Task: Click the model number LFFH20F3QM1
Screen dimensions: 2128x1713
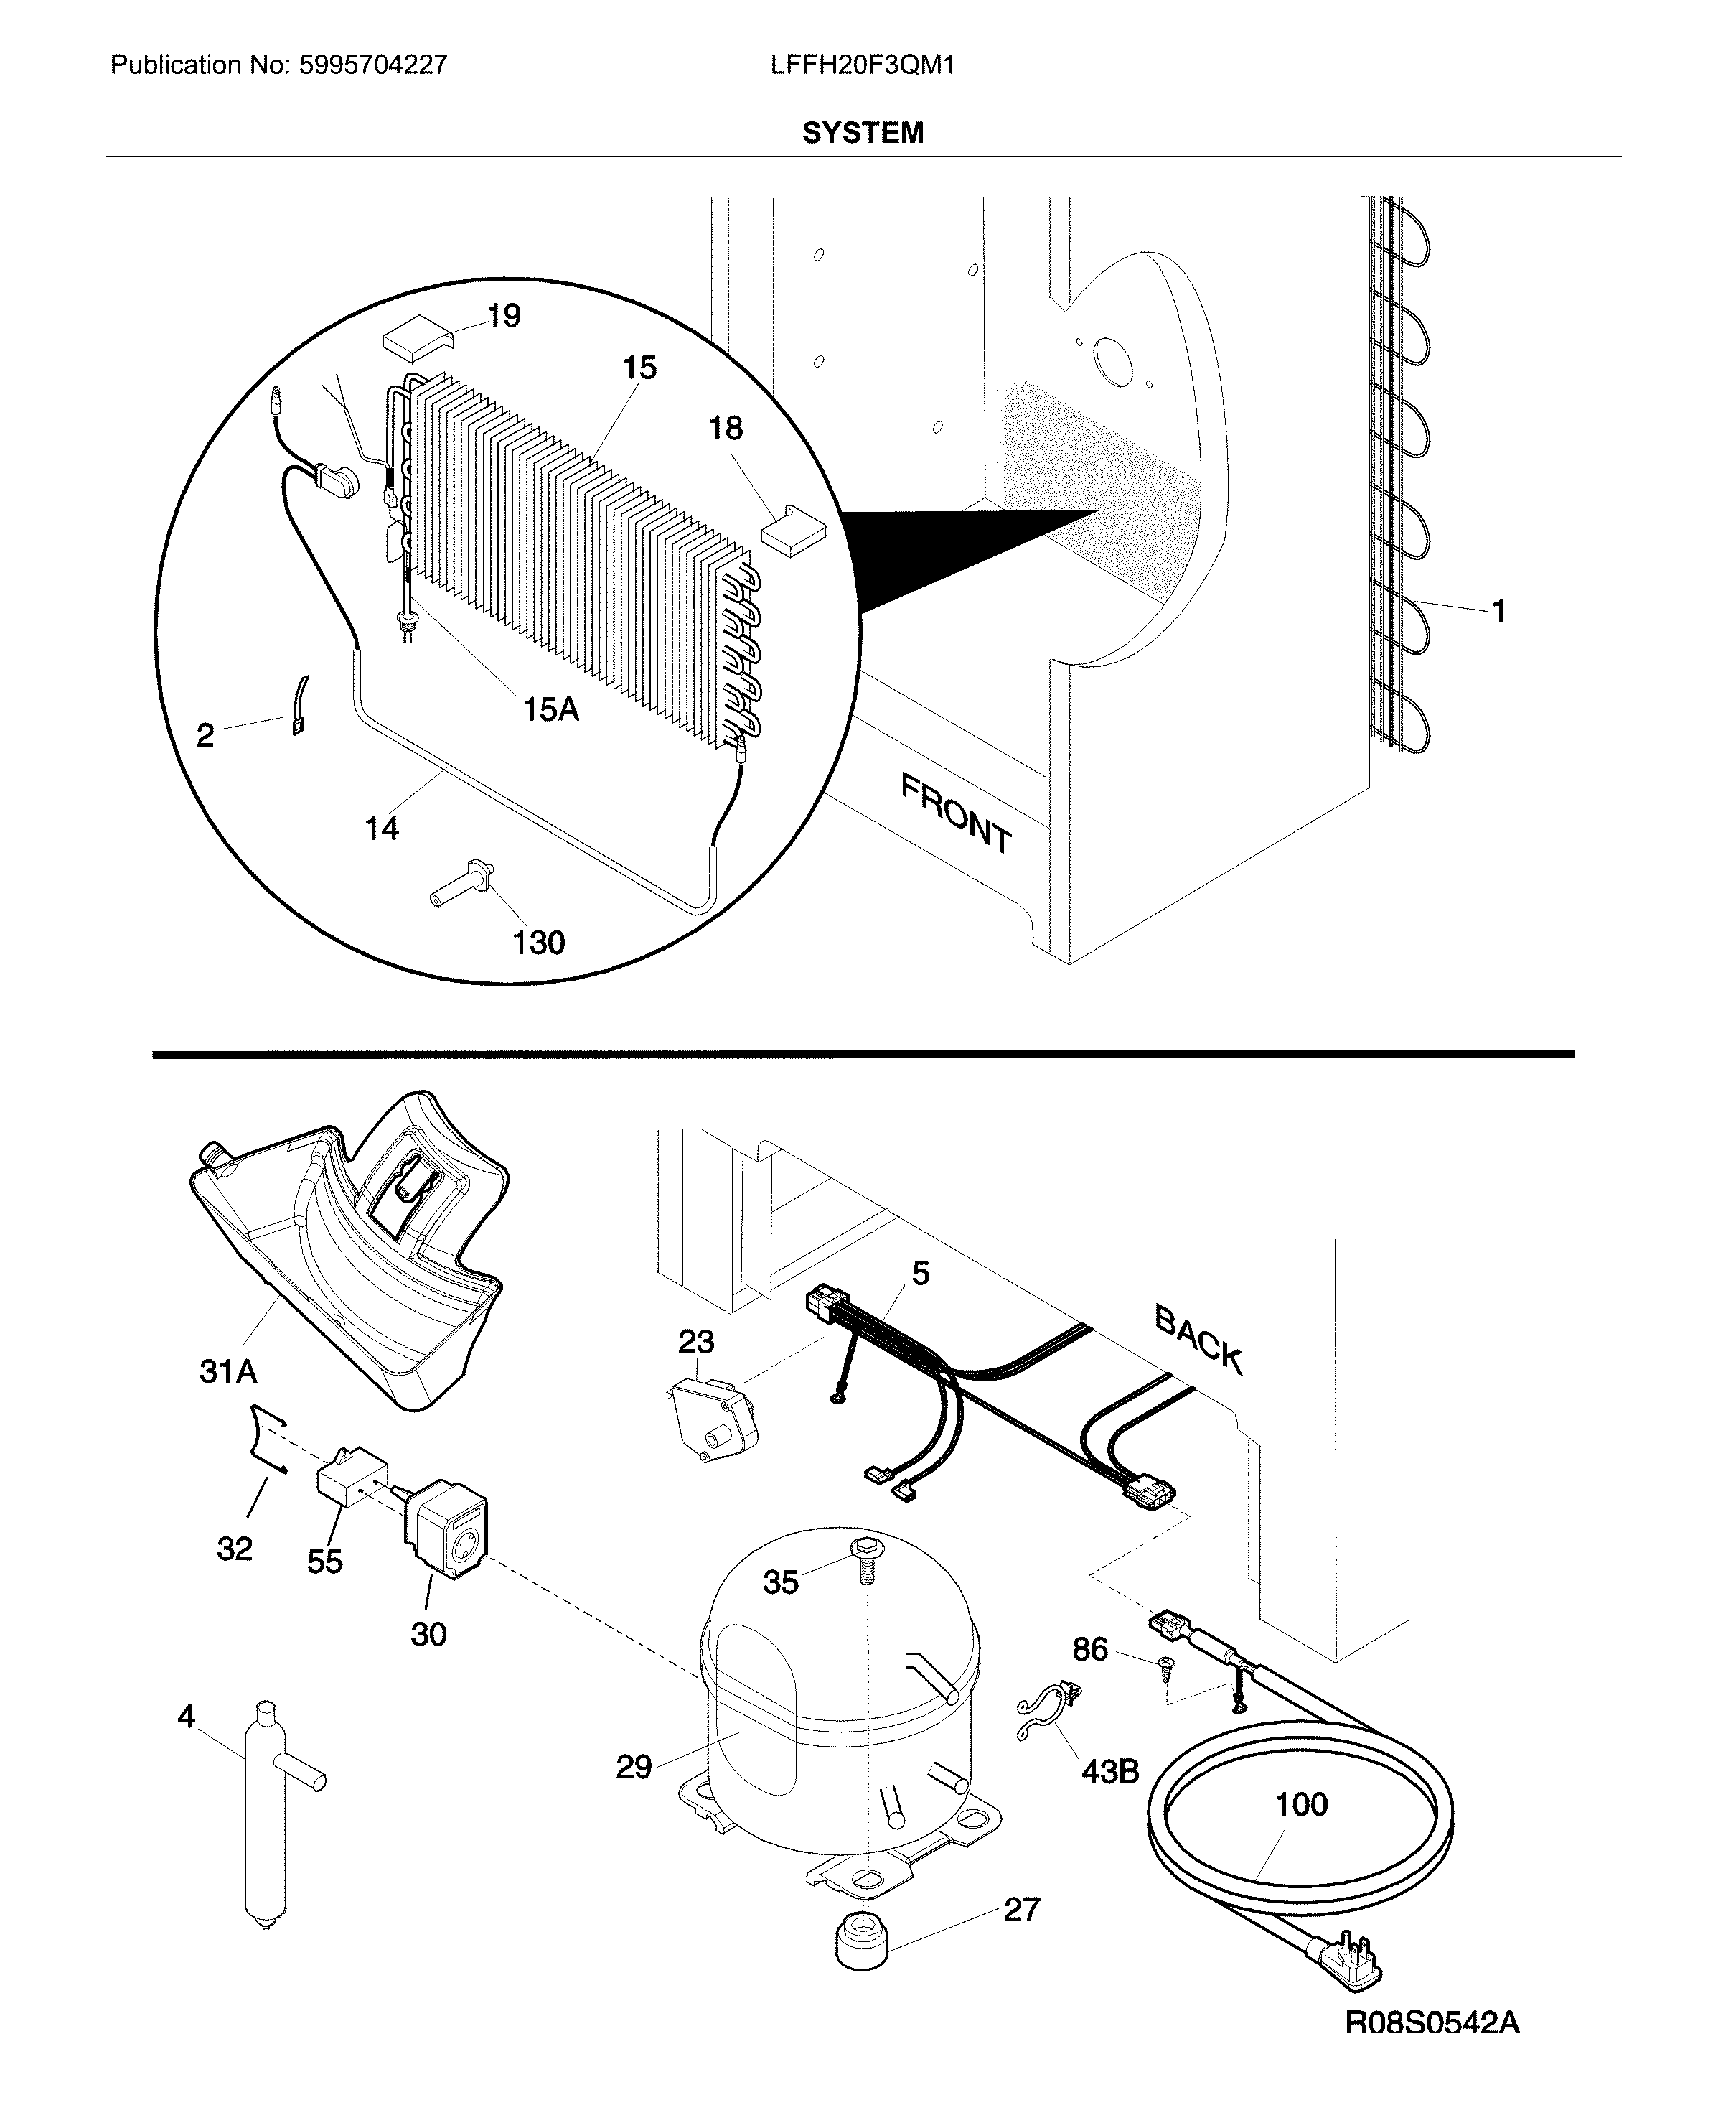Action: [x=863, y=65]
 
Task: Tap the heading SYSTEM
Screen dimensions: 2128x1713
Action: [x=863, y=134]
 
